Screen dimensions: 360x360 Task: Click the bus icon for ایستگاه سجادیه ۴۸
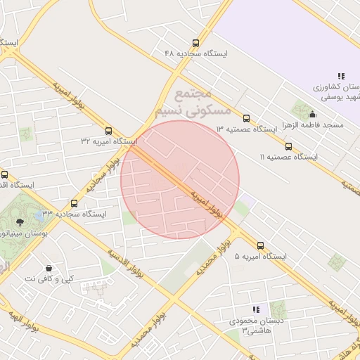tap(196, 43)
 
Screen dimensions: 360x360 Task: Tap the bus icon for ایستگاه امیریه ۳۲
tap(108, 131)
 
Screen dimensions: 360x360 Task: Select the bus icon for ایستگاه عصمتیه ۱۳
tap(246, 118)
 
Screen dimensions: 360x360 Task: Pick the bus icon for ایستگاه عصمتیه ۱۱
tap(289, 146)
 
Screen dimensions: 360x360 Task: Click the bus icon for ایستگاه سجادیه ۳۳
tap(74, 202)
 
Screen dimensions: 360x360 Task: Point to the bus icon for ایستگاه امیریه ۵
tap(261, 246)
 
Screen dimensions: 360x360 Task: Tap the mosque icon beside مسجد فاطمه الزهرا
tap(312, 115)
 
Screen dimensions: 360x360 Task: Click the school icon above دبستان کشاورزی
tap(341, 76)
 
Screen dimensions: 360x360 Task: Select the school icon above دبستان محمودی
tap(257, 309)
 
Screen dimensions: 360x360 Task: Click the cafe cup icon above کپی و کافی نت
tap(48, 268)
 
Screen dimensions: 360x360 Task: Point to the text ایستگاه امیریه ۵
tap(261, 257)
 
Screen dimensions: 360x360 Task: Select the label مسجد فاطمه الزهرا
tap(312, 124)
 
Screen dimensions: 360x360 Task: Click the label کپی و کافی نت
tap(49, 278)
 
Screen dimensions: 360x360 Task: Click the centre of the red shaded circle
tap(180, 179)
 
